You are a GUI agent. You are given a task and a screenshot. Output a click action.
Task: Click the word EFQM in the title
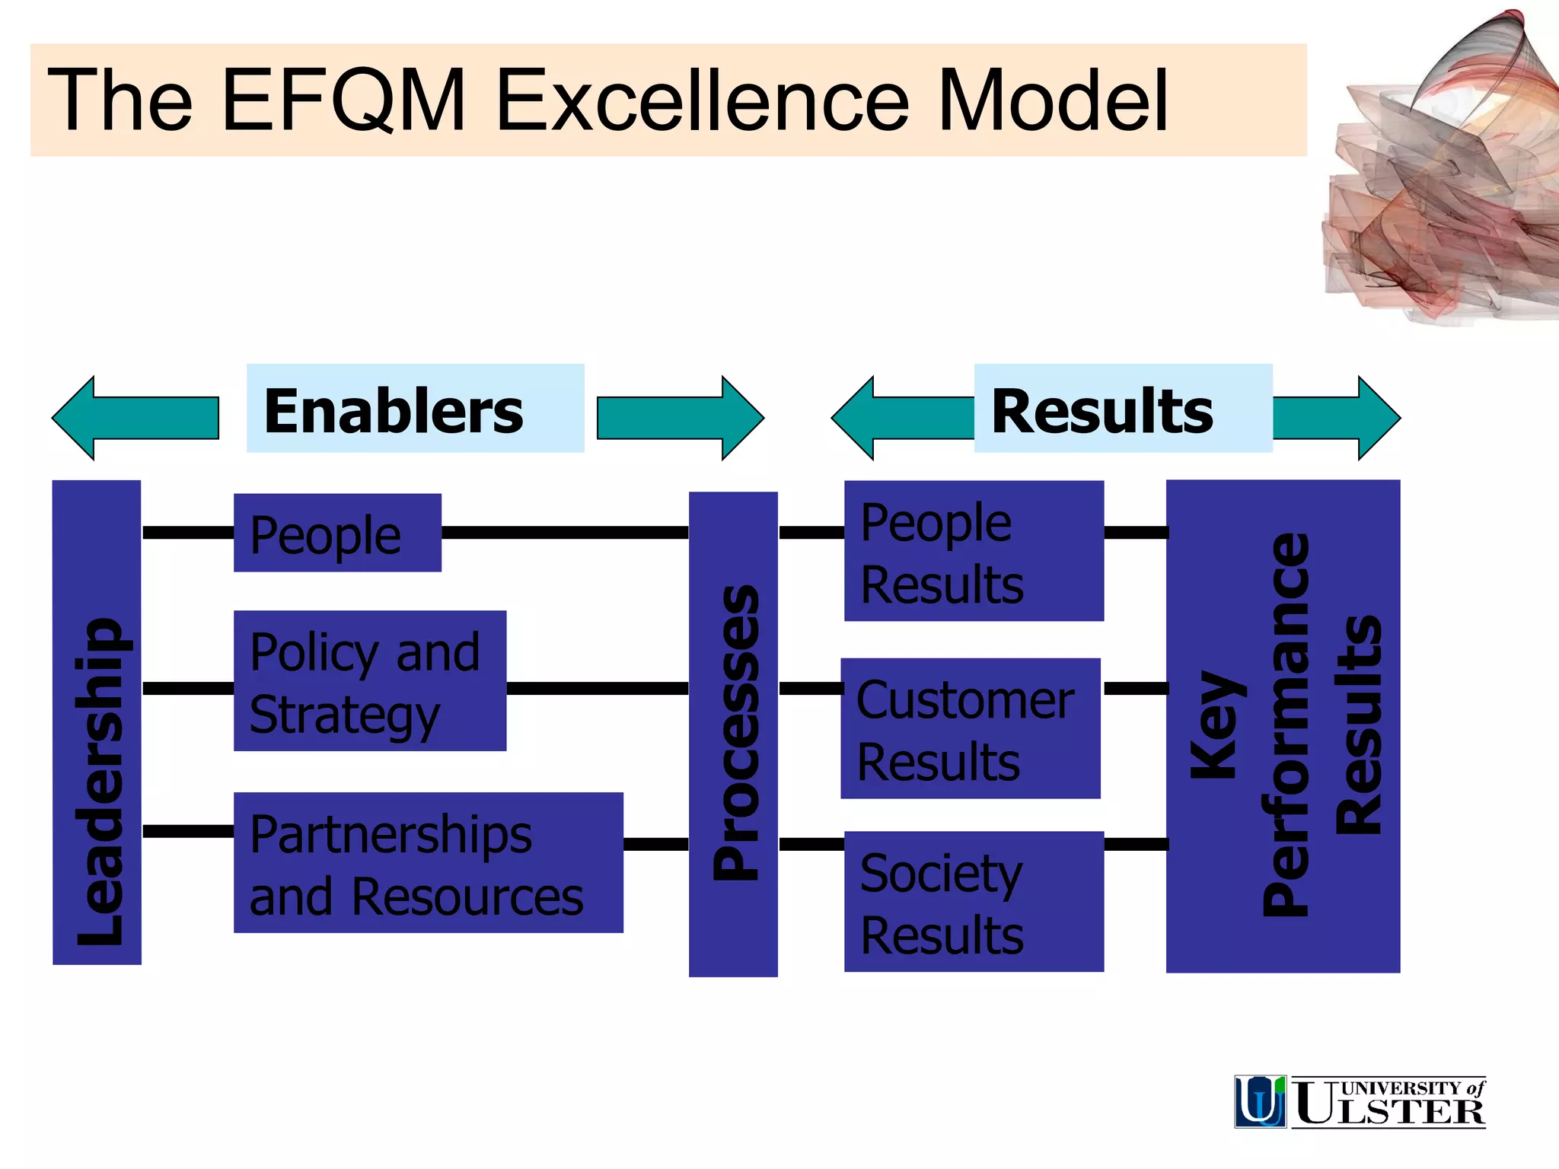(344, 100)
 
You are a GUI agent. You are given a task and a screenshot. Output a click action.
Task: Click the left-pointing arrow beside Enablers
(135, 418)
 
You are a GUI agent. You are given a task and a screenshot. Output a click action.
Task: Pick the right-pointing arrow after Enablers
(680, 418)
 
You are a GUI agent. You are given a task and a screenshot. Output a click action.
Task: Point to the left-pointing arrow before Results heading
(902, 418)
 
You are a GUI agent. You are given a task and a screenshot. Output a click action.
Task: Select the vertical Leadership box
(97, 722)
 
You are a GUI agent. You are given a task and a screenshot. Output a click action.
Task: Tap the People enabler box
(337, 533)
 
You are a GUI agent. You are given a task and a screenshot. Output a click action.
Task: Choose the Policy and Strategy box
(370, 681)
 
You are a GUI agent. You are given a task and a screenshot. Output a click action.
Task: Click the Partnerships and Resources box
(428, 863)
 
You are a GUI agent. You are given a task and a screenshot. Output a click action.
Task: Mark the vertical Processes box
(733, 734)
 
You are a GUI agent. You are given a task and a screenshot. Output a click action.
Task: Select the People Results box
(974, 551)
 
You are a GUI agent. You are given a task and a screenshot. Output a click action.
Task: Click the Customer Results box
(970, 729)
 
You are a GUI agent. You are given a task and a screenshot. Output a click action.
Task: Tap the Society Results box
(974, 902)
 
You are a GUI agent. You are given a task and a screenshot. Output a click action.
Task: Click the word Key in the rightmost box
(1216, 726)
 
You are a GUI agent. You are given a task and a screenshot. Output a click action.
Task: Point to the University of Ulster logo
(1360, 1101)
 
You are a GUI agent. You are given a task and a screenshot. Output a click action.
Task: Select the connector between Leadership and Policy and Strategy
(188, 689)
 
